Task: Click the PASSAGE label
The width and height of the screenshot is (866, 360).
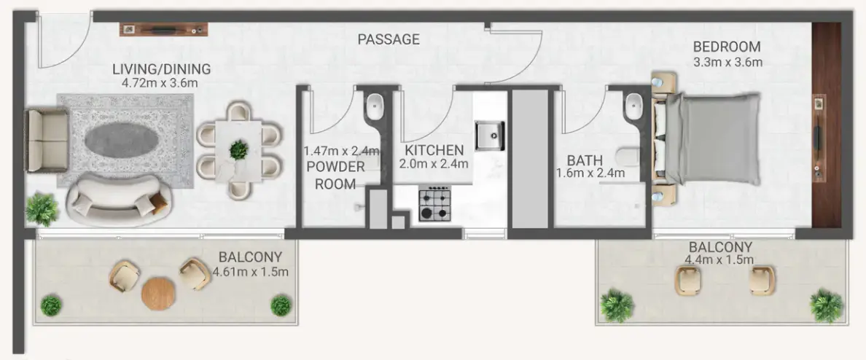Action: [389, 39]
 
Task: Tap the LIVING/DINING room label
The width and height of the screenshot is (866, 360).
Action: [161, 69]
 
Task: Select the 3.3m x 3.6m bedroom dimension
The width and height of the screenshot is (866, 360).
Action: [727, 62]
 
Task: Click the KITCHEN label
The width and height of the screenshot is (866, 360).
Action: [434, 150]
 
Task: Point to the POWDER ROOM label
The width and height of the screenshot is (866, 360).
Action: [335, 175]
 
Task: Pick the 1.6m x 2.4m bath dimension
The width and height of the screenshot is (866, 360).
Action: [590, 173]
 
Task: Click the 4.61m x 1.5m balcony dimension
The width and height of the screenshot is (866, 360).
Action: [251, 273]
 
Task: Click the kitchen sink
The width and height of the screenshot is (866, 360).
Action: [490, 134]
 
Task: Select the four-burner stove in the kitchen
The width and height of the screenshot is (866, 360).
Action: [434, 203]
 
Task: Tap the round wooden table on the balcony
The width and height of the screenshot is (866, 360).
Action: [158, 293]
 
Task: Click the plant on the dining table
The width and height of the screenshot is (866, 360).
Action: [238, 150]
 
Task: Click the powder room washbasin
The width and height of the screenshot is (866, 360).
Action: [375, 106]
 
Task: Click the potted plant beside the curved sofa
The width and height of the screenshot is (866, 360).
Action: [42, 209]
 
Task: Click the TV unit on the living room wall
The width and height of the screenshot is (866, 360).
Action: [164, 29]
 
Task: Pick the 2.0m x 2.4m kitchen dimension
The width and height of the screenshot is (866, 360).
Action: [434, 164]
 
